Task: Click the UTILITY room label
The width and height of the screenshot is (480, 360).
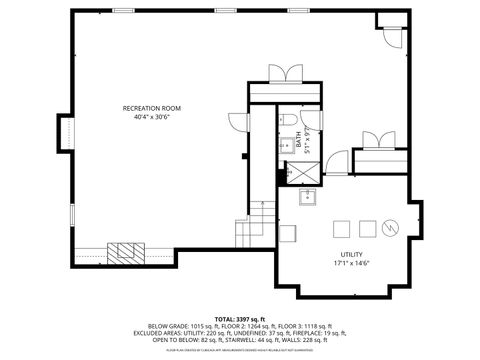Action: click(350, 254)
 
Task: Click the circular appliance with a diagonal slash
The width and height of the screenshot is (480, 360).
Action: click(393, 226)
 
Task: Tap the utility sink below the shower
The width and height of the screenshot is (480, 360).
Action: click(310, 197)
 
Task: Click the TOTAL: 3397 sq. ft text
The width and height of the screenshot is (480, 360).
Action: click(239, 315)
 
